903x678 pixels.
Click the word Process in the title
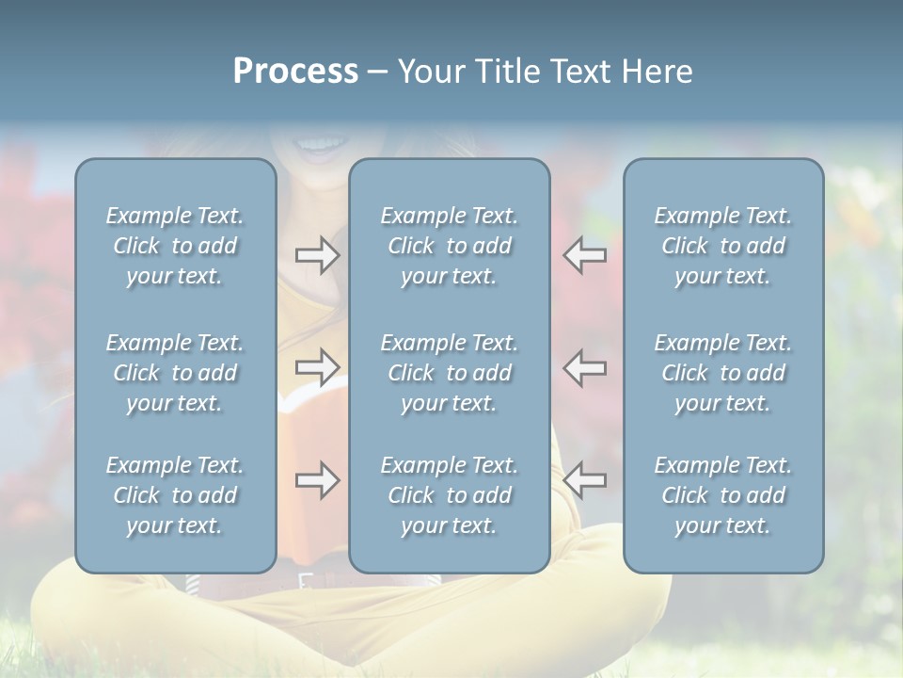click(x=295, y=72)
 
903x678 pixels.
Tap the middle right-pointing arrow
click(x=317, y=367)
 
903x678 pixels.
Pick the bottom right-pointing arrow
click(x=317, y=480)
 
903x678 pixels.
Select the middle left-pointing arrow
click(x=585, y=367)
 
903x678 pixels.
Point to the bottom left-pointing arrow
click(x=585, y=480)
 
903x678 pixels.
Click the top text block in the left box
click(x=175, y=246)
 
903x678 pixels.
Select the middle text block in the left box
click(x=175, y=373)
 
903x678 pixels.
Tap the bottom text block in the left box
click(x=175, y=495)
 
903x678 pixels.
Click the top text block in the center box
click(x=449, y=246)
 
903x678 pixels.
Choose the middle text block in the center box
click(x=449, y=373)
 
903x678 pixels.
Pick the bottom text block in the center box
click(x=449, y=495)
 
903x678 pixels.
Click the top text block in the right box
click(x=722, y=246)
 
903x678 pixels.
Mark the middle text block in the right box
click(x=722, y=373)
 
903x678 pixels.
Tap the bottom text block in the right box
click(x=722, y=495)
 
